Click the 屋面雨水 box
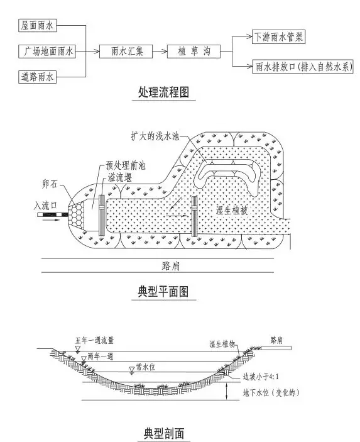point(38,25)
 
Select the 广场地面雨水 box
point(47,52)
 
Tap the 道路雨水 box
point(38,77)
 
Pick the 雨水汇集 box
point(126,52)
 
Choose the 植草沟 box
point(194,52)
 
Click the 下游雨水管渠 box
point(278,36)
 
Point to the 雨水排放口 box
point(303,67)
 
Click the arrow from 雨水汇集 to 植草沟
point(160,52)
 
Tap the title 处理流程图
point(163,92)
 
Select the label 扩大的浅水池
point(155,136)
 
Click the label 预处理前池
point(126,165)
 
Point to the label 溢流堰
point(119,177)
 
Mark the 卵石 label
point(50,184)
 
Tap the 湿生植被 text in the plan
point(232,210)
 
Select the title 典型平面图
point(163,291)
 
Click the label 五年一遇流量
point(95,340)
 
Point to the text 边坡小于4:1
point(261,377)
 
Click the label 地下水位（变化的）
point(271,392)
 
